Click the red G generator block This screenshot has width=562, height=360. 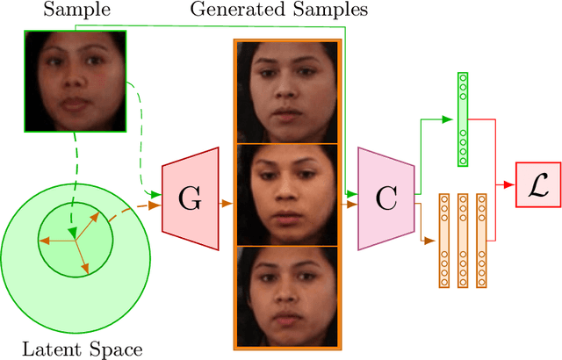point(189,200)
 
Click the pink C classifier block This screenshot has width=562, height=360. point(385,200)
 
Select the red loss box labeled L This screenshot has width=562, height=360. point(537,185)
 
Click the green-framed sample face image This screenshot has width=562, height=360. point(75,80)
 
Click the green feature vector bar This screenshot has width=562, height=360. point(462,119)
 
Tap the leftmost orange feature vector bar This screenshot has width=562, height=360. point(443,240)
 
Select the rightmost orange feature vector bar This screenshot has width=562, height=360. point(480,240)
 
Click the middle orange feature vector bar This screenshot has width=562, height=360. point(462,240)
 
